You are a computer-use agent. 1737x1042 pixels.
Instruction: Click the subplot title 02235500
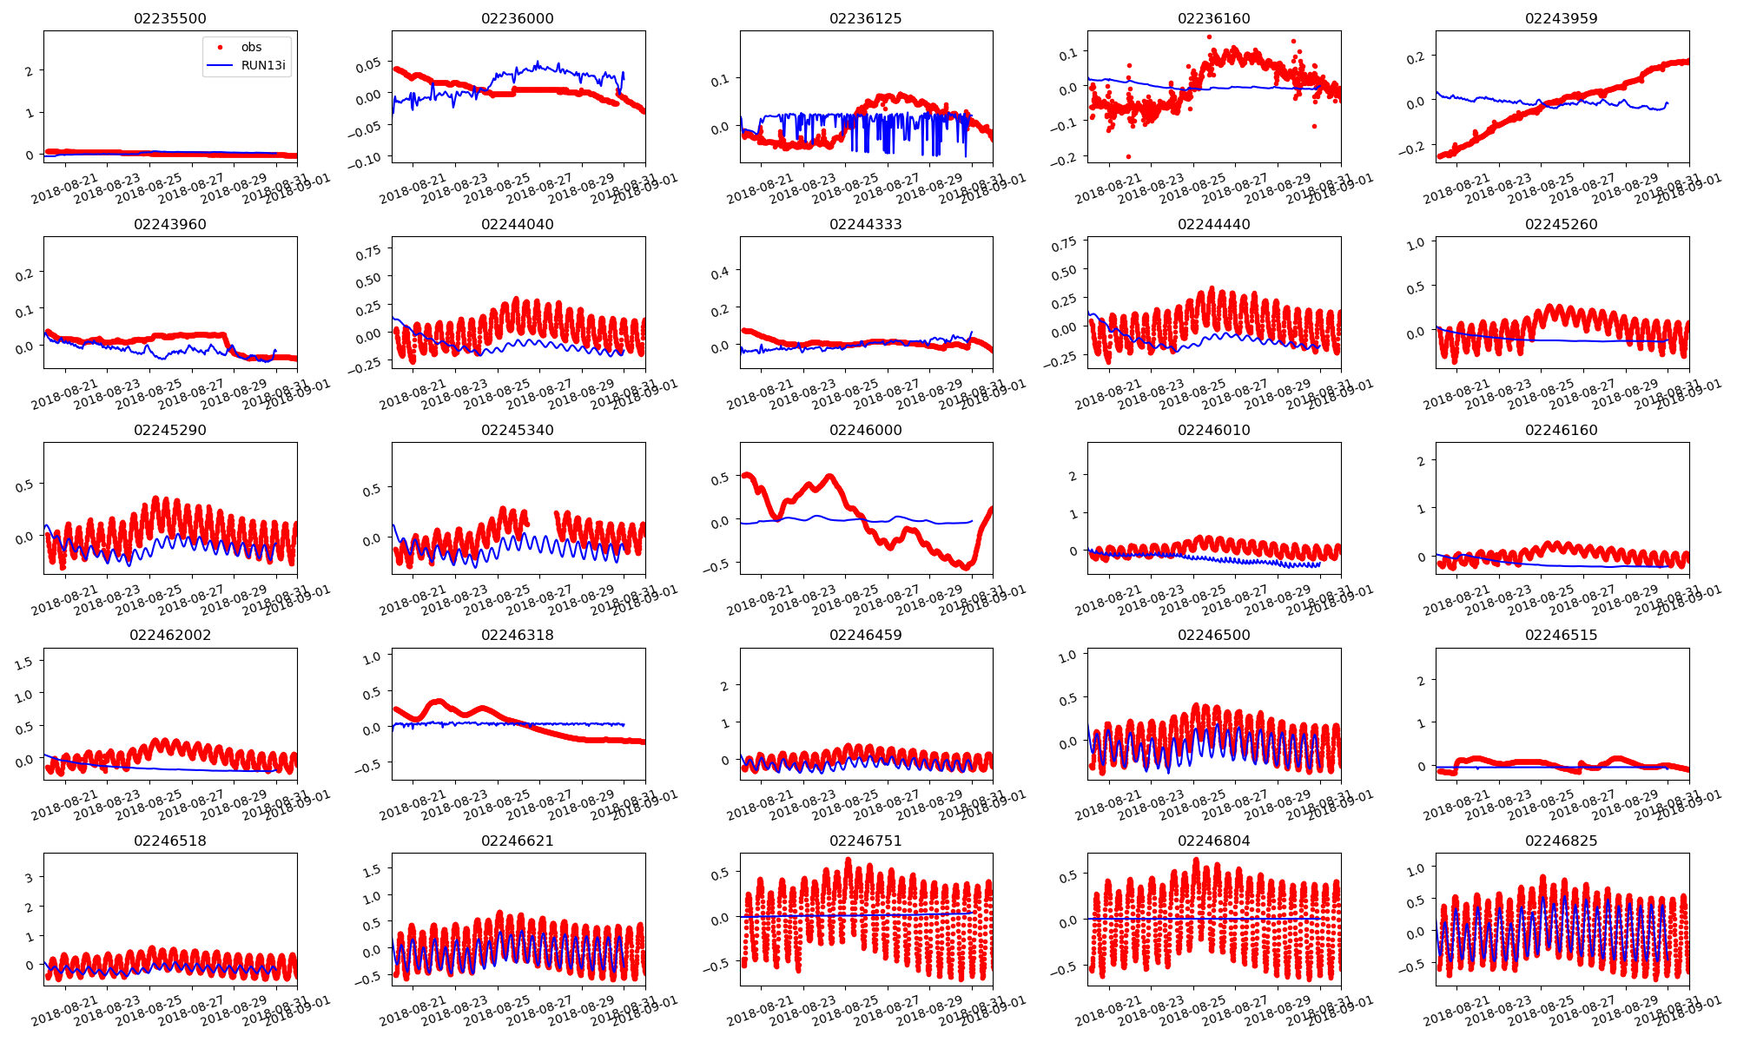[170, 19]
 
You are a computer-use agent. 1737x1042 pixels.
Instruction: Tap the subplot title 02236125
[866, 19]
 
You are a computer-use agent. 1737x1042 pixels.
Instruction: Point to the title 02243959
[1562, 19]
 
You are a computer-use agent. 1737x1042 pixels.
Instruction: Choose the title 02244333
[866, 225]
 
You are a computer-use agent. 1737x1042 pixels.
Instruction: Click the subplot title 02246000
[866, 431]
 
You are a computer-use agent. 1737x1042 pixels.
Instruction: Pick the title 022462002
[170, 636]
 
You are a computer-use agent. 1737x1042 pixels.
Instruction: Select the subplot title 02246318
[518, 636]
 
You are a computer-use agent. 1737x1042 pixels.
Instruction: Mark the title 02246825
[1562, 841]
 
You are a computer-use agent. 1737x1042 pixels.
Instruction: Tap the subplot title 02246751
[866, 841]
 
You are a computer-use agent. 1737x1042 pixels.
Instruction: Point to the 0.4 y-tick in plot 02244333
[720, 273]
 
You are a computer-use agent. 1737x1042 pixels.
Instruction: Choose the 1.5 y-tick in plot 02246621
[372, 869]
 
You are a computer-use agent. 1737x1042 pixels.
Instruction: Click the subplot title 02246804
[1213, 841]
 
